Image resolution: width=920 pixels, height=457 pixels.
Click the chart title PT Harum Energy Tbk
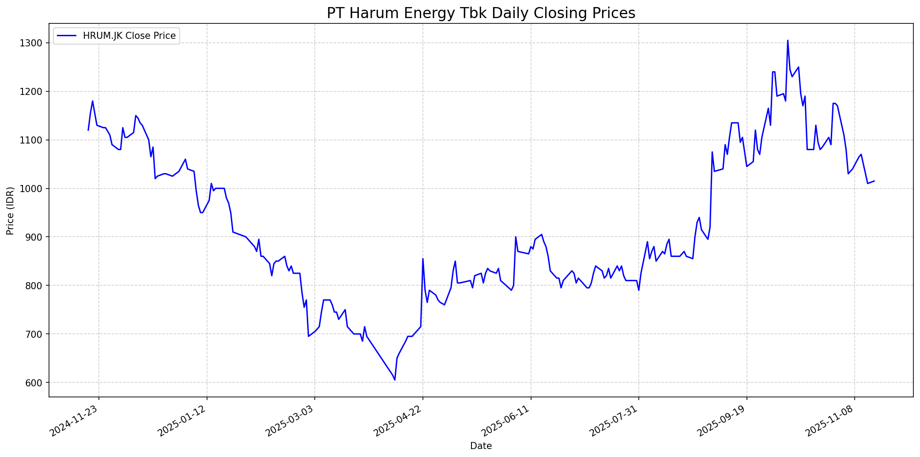(481, 13)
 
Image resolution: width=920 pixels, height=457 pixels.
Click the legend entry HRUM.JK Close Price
(129, 36)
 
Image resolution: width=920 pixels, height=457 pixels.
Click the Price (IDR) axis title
(10, 211)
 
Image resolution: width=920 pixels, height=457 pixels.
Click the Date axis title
(481, 446)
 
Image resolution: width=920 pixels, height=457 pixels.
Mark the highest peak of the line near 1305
(788, 41)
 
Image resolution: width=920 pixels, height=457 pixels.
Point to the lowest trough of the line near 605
(395, 380)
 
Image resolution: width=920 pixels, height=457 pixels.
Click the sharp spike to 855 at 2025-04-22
(422, 259)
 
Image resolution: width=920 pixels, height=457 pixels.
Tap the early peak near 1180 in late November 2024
(92, 101)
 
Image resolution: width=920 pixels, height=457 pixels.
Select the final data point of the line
(874, 181)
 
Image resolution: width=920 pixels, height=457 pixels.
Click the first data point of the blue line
(88, 130)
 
